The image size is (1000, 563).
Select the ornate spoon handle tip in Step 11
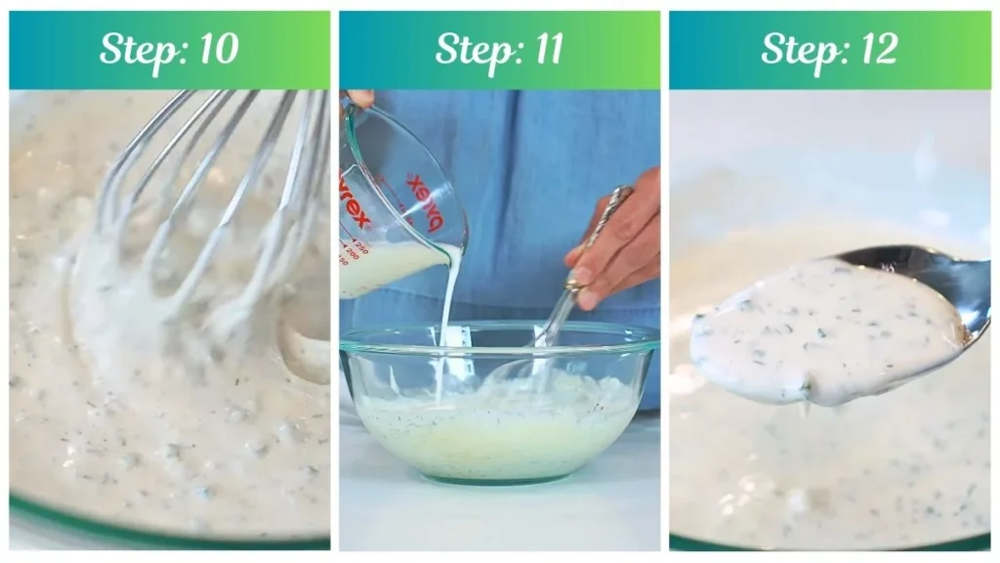coord(617,195)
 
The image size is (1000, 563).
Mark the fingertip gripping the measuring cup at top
coord(359,98)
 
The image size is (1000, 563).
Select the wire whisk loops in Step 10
coord(215,195)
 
